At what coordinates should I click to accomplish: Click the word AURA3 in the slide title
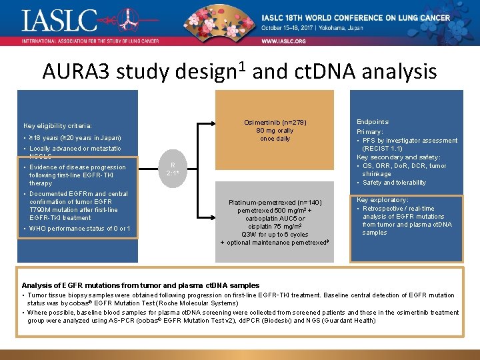click(75, 71)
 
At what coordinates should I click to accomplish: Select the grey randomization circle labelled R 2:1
click(173, 169)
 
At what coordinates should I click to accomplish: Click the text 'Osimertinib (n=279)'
click(275, 122)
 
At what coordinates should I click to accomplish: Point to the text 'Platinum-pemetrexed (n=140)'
click(275, 202)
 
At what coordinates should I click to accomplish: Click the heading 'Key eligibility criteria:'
click(57, 125)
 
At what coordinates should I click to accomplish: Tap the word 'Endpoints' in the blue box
click(373, 122)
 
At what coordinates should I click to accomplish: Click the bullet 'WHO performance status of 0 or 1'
click(80, 229)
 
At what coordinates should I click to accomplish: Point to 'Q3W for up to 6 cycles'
click(275, 235)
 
